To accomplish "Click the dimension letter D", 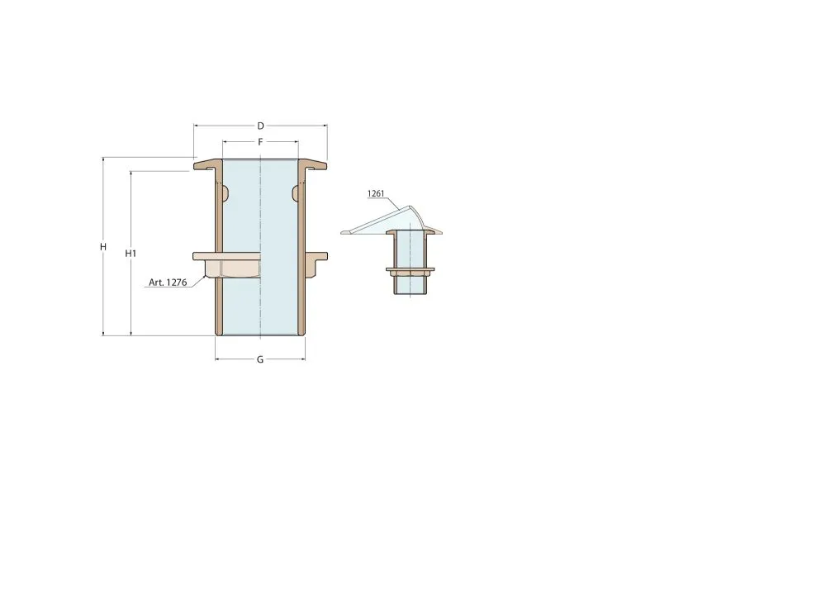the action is (x=260, y=126).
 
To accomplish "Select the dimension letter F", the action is (x=260, y=142).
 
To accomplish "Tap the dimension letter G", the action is (x=260, y=359).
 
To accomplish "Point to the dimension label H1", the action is (x=131, y=254).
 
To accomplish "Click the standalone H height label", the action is (x=103, y=246).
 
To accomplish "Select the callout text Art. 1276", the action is (x=168, y=283).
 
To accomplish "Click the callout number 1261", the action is (x=376, y=193).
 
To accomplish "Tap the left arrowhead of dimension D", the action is (x=196, y=126).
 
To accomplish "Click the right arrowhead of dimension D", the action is (x=325, y=126).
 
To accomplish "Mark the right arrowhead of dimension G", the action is (x=303, y=359).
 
